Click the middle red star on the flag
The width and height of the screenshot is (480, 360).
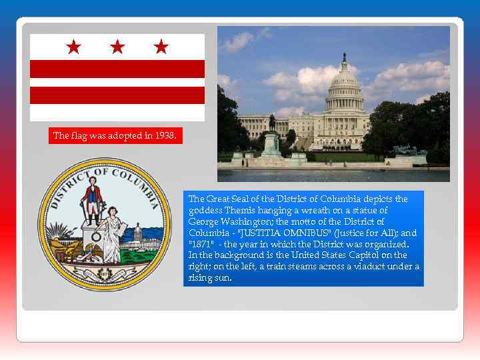(117, 47)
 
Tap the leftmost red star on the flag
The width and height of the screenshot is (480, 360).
(74, 47)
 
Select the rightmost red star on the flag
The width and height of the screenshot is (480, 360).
(161, 47)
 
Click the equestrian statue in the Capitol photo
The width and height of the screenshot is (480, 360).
(272, 123)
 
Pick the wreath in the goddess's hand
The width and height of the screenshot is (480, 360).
(97, 236)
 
